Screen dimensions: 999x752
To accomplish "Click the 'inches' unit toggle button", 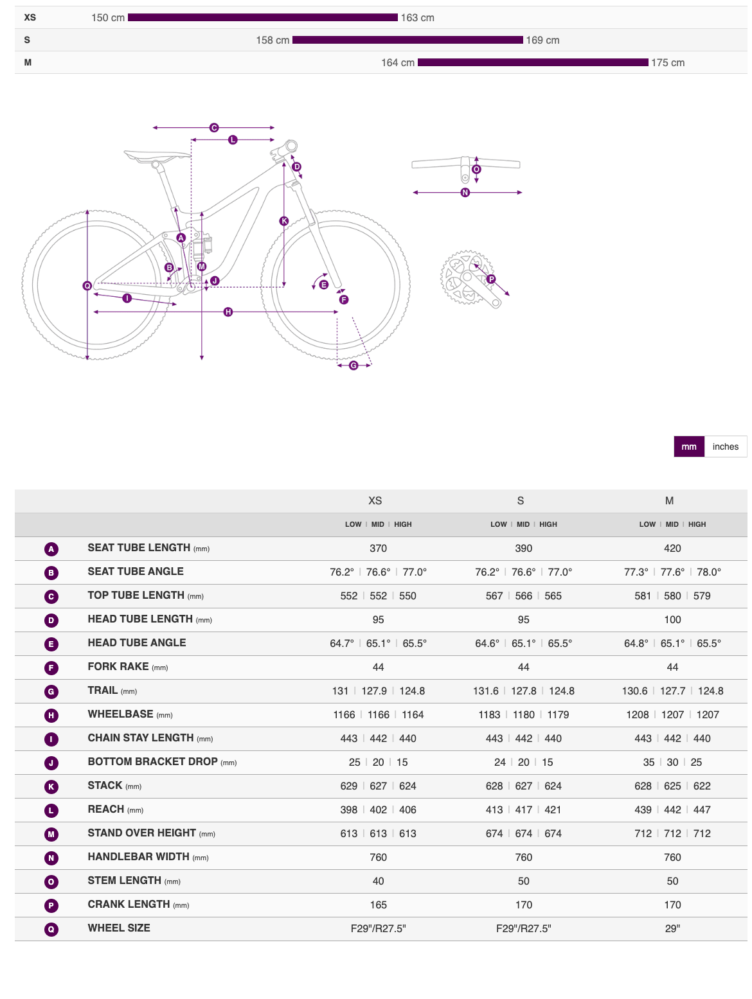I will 725,446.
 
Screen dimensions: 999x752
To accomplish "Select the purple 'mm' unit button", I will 689,446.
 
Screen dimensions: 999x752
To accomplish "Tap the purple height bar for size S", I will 407,40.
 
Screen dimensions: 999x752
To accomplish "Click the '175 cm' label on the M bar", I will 668,63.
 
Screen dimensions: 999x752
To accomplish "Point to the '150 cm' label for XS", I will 108,18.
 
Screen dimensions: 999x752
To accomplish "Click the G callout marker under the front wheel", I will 354,366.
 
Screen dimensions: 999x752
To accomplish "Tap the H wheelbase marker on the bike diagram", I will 228,312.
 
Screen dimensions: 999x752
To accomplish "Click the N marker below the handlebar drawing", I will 465,193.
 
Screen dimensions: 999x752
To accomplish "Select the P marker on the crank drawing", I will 491,279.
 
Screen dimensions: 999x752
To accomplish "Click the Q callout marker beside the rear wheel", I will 87,286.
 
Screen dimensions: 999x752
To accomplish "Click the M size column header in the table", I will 669,500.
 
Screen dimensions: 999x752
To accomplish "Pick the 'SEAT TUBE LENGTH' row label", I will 139,548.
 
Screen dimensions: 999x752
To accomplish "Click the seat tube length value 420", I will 672,548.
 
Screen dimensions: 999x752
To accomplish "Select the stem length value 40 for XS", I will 379,881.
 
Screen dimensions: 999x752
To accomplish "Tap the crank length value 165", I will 379,905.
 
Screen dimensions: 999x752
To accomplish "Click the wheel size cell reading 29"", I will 672,929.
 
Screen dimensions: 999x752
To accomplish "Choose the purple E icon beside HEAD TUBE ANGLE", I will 51,644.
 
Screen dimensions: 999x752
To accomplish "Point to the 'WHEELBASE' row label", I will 121,714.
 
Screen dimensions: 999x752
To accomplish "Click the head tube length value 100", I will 672,620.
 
